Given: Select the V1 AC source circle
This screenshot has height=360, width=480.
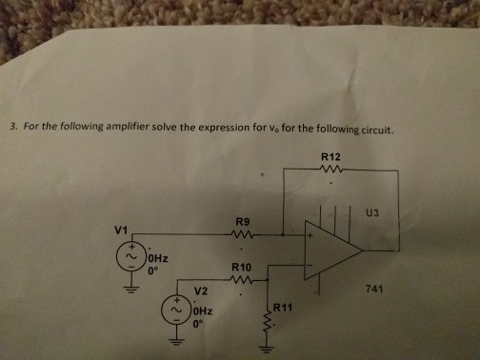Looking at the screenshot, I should point(130,257).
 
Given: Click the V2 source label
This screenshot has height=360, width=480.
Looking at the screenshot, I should point(200,290).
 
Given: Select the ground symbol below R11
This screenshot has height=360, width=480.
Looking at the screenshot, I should point(270,350).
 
